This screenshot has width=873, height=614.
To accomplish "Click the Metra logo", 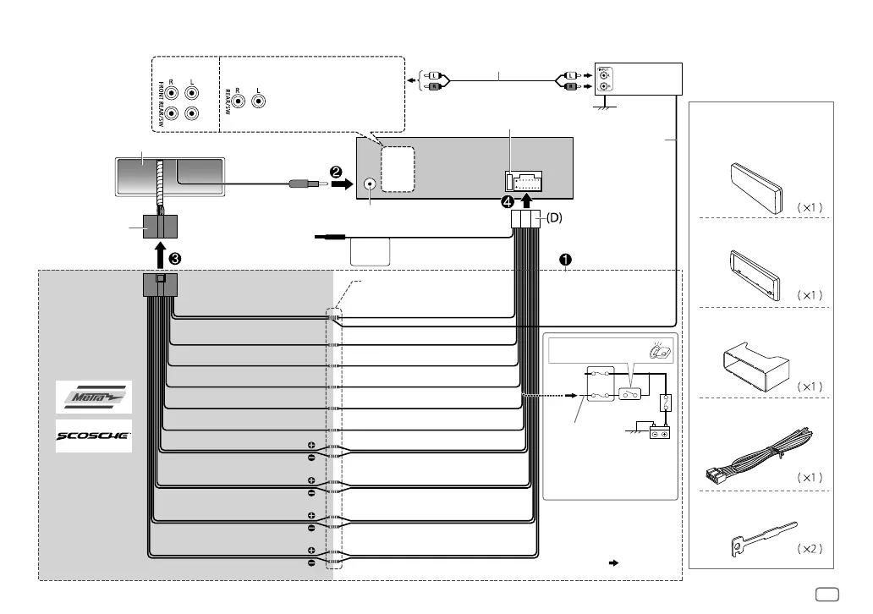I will tap(94, 397).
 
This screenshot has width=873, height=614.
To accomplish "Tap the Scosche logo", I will tap(94, 436).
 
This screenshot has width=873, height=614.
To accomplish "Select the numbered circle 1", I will tap(565, 260).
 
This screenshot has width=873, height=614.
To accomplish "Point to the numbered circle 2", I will tap(336, 173).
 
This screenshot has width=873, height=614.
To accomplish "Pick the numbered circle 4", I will tap(507, 202).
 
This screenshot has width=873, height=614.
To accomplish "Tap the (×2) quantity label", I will tap(810, 549).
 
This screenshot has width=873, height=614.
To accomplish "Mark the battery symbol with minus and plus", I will tap(659, 434).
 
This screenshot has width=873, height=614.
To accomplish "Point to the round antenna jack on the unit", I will tap(370, 184).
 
